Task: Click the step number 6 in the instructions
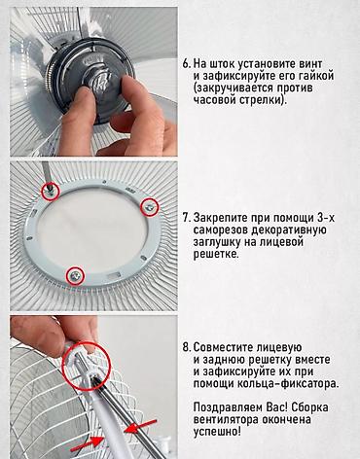click(187, 60)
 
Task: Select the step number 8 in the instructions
click(187, 346)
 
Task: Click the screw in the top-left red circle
click(46, 184)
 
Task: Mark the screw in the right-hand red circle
click(149, 205)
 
